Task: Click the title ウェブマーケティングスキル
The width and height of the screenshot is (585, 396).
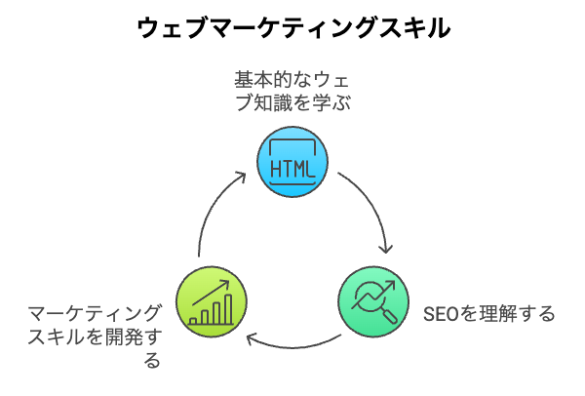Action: coord(293,28)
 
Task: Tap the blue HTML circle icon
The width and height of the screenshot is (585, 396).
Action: coord(292,162)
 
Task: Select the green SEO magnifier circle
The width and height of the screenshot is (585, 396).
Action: coord(373,302)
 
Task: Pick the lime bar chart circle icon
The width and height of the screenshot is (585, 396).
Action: coord(212,302)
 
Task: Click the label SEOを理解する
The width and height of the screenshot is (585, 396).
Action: coord(489,313)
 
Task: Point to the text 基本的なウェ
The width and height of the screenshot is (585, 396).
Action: coord(292,80)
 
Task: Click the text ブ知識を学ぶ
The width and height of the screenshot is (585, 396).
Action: coord(292,101)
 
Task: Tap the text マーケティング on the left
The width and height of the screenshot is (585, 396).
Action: coord(95,313)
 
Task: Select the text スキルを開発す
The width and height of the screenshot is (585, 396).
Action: coord(95,337)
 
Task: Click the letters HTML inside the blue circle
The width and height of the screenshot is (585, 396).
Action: coord(292,169)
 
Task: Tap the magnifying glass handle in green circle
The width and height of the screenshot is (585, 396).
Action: coord(389,316)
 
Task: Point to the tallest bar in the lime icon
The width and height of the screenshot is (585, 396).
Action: coord(228,309)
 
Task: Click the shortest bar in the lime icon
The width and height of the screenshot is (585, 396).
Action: coord(193,321)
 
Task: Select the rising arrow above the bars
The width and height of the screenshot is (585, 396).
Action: coord(211,293)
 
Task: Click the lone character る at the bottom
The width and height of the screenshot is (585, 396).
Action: coord(153,361)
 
